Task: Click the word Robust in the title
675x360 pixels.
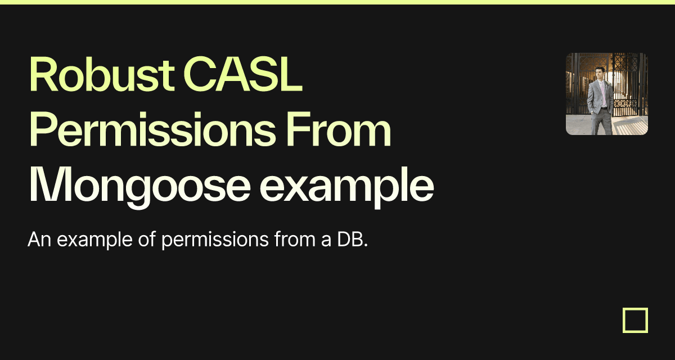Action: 102,74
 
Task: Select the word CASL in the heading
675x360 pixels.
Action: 243,74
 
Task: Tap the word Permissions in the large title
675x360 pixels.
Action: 152,129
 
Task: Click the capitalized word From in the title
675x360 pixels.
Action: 338,129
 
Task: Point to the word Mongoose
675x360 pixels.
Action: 140,187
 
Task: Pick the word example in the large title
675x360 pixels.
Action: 347,187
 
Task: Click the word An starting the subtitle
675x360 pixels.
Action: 39,240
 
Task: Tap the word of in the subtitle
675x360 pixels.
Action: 147,239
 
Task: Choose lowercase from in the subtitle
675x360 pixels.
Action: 295,239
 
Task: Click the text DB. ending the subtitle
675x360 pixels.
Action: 352,240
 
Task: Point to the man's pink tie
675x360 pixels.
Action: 602,93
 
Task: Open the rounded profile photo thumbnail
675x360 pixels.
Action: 607,94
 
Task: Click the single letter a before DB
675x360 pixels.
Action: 326,241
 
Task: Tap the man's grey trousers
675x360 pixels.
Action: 601,121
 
